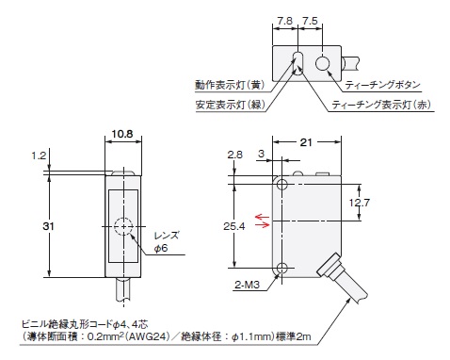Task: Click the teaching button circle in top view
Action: click(x=323, y=63)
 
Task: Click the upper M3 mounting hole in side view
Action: click(x=281, y=184)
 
